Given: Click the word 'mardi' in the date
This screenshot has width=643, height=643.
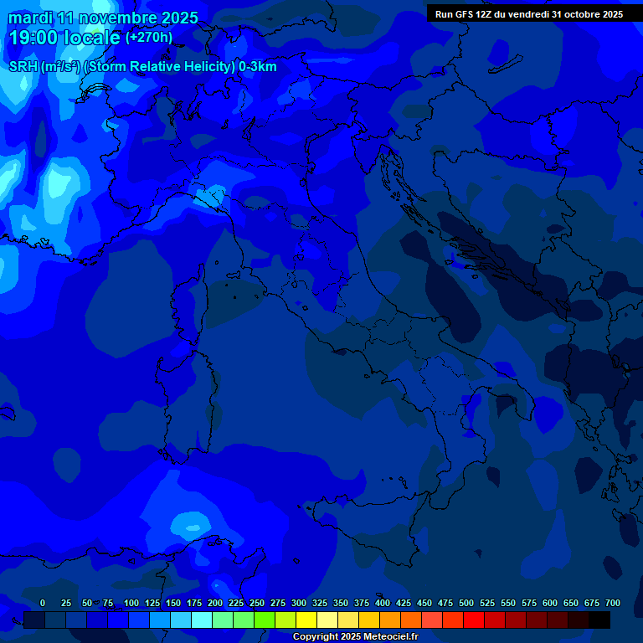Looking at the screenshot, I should pyautogui.click(x=29, y=18).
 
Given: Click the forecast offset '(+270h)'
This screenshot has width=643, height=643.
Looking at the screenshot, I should pyautogui.click(x=149, y=38).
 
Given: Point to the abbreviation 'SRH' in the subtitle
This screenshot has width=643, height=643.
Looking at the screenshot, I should pyautogui.click(x=23, y=67).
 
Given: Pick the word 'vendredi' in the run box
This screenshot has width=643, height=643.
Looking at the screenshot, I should pyautogui.click(x=525, y=14).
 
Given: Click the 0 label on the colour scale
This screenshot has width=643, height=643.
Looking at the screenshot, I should pyautogui.click(x=43, y=604).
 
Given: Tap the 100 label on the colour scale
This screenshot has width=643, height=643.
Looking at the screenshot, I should pyautogui.click(x=131, y=604).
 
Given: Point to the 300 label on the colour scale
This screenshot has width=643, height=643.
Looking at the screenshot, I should pyautogui.click(x=299, y=604).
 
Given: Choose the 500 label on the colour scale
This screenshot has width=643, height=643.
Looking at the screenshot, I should pyautogui.click(x=466, y=604).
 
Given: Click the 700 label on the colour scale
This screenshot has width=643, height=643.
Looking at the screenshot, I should pyautogui.click(x=613, y=604).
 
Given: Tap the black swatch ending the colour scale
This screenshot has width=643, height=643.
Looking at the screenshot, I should pyautogui.click(x=599, y=620).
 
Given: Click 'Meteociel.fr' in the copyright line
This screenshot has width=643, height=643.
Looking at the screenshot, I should pyautogui.click(x=390, y=637).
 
